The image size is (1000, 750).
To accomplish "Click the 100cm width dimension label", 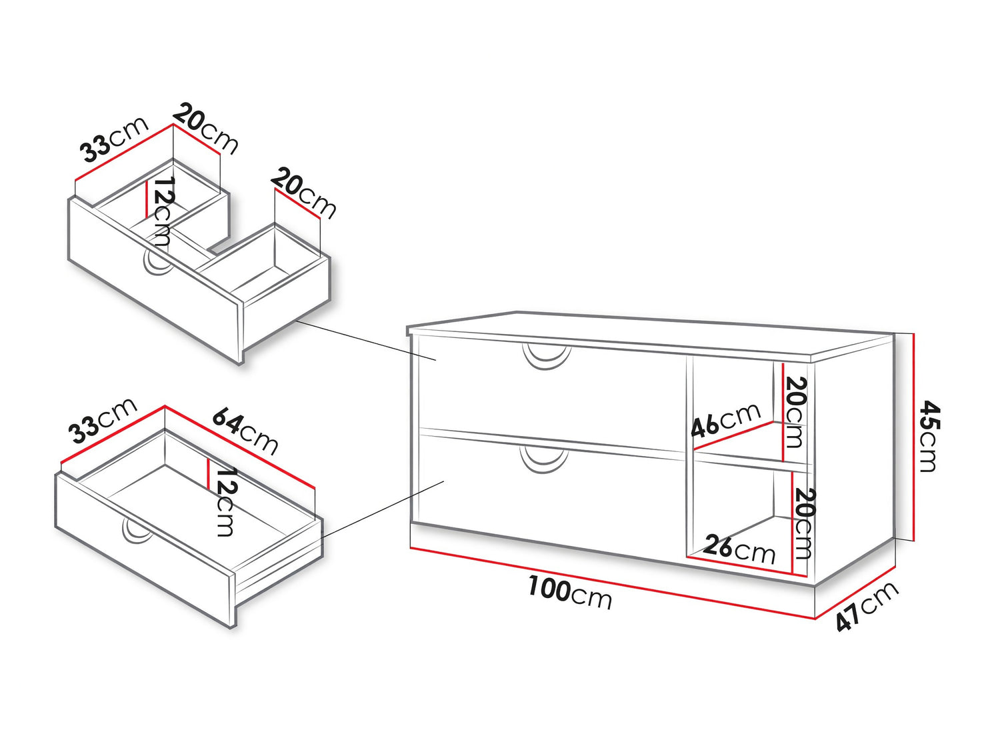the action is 570,593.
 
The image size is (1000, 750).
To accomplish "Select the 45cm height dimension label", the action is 930,436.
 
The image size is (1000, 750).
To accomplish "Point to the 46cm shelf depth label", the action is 726,420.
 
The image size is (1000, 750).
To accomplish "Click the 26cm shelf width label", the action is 739,550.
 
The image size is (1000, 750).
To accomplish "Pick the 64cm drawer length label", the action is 245,431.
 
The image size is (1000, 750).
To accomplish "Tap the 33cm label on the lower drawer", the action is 103,420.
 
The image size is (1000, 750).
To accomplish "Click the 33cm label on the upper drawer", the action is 115,139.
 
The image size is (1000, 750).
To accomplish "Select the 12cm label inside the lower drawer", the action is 225,502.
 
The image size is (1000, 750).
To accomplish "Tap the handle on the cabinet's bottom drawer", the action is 545,461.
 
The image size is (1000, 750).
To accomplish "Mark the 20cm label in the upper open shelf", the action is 795,413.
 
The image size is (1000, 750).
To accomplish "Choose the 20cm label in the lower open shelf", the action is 804,524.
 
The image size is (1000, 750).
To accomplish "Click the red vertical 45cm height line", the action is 913,437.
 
